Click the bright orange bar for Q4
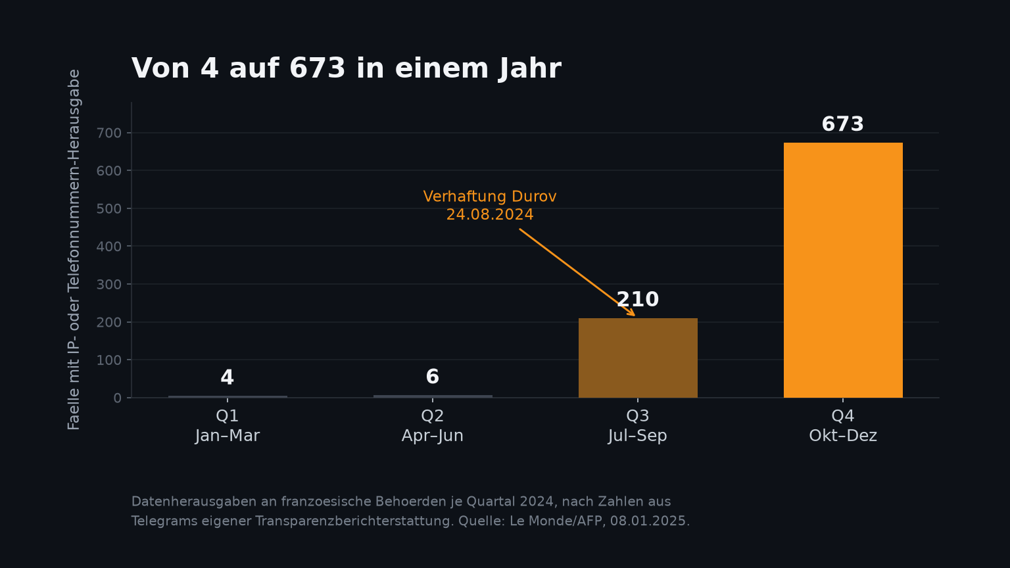843,270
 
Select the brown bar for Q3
638,358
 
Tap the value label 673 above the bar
843,124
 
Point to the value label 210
638,299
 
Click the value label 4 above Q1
228,378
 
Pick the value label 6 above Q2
433,377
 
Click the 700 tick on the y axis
109,133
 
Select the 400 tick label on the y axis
109,247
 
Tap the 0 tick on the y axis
118,398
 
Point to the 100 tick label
109,360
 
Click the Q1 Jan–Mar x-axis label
228,425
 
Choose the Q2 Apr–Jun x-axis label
433,425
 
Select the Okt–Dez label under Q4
843,436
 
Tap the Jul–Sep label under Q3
638,436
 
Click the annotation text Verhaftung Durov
490,197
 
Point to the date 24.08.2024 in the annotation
490,214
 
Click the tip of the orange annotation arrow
635,316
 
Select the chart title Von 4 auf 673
347,68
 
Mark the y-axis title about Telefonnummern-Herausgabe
74,250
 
